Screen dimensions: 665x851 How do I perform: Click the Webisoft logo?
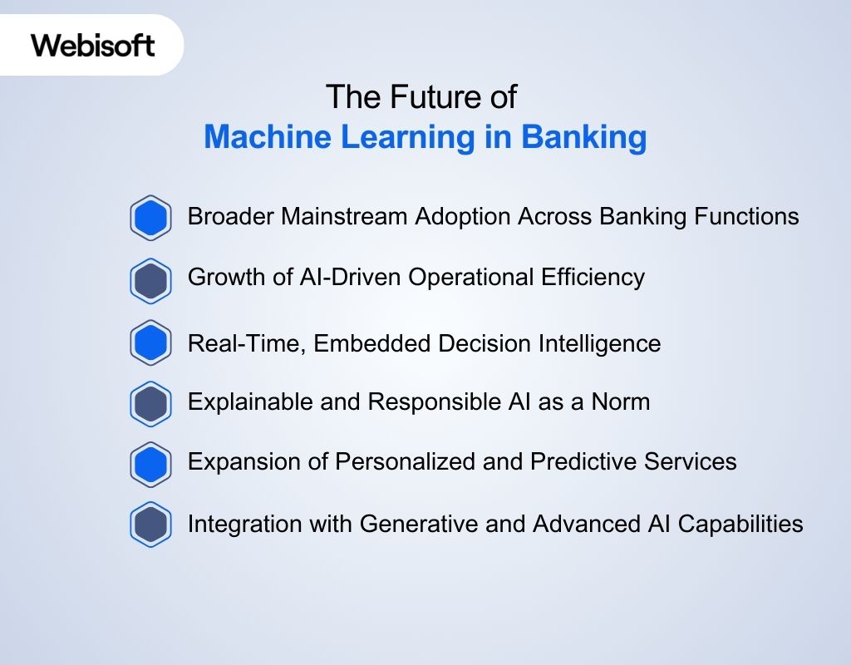point(93,45)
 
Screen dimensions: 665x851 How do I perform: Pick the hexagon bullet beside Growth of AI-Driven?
point(151,281)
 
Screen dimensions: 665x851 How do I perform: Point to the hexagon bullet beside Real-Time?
point(151,342)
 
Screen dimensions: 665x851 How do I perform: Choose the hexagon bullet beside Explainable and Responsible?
point(151,404)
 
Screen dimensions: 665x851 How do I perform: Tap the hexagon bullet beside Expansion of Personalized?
point(151,464)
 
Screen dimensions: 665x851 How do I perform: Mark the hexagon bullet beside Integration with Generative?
point(151,525)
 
